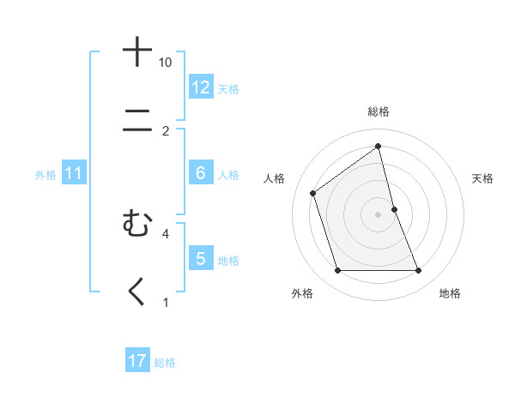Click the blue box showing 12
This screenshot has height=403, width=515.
point(201,87)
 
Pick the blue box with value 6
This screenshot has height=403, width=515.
point(201,173)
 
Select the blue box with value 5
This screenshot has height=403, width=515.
point(201,259)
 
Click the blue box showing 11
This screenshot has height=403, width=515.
point(74,173)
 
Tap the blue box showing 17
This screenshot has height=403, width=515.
point(137,361)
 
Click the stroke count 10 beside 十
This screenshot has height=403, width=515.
point(166,63)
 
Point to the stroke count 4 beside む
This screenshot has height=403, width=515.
point(166,233)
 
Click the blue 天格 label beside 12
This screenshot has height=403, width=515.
point(228,89)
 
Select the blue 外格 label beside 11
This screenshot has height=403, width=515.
point(45,175)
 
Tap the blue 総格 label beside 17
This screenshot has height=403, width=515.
point(165,363)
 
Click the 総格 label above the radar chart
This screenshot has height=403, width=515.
point(379,112)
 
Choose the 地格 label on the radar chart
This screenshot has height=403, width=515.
point(450,293)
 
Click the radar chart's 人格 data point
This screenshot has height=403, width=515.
point(312,193)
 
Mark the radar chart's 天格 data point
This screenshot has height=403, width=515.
point(394,209)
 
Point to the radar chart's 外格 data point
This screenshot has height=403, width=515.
point(337,271)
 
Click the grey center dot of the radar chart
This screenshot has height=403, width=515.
point(379,214)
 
